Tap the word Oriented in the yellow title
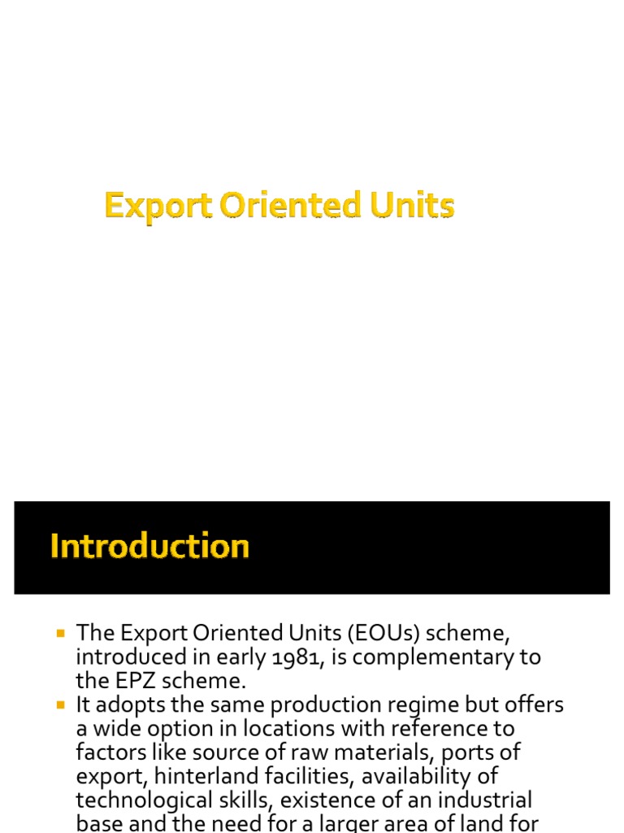tap(292, 206)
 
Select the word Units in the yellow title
tap(412, 206)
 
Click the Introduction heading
tap(149, 546)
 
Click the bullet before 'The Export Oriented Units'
tap(59, 632)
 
